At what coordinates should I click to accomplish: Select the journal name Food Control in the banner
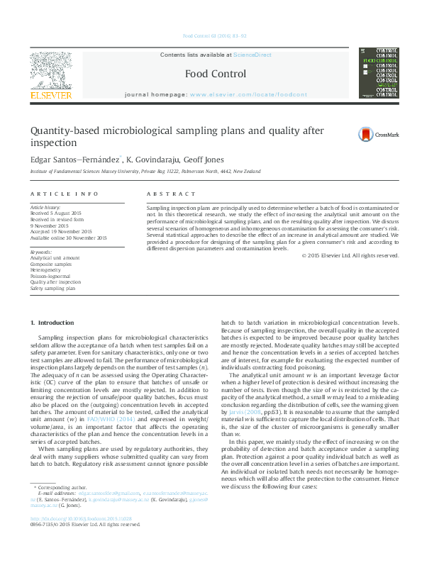(216, 74)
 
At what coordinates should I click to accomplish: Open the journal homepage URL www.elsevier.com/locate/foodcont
(248, 94)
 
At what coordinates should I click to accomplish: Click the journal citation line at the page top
(214, 35)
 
